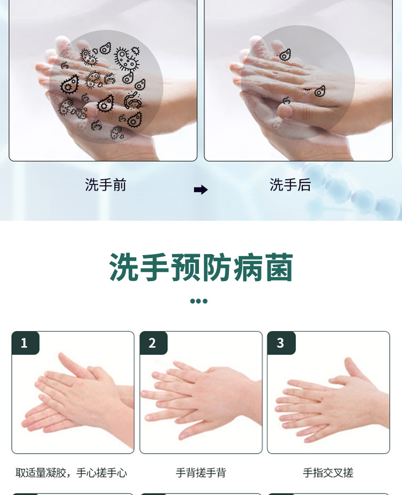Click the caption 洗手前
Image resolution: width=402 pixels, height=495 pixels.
(105, 185)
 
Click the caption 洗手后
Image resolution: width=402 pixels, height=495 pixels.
(290, 185)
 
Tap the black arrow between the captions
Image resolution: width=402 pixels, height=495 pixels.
(200, 190)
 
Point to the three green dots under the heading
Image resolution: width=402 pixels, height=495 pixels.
(198, 301)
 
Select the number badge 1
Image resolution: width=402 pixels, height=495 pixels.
(24, 343)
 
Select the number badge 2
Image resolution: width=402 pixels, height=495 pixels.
(152, 343)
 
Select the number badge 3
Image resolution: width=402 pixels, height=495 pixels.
(280, 343)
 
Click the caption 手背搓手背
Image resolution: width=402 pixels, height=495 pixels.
(200, 473)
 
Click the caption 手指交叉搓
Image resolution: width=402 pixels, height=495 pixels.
(328, 473)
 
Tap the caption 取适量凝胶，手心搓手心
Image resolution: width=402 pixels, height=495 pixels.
(71, 473)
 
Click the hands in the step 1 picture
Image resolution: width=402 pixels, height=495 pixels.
(76, 395)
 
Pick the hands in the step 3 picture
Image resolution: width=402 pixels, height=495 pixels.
(331, 400)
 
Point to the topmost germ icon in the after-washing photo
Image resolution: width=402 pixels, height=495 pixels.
(285, 54)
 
